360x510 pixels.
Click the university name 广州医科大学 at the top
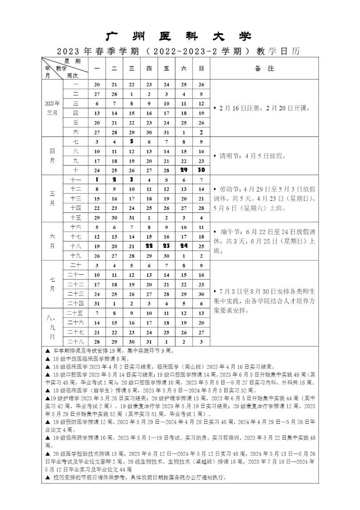pyautogui.click(x=179, y=37)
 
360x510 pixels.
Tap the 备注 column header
pyautogui.click(x=264, y=68)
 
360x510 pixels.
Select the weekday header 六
pyautogui.click(x=184, y=68)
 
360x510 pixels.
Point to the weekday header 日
pyautogui.click(x=201, y=68)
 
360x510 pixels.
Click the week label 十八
pyautogui.click(x=75, y=246)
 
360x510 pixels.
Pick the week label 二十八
pyautogui.click(x=75, y=342)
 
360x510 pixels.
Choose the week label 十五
pyautogui.click(x=75, y=217)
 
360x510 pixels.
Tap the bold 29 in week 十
pyautogui.click(x=184, y=170)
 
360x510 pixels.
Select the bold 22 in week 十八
pyautogui.click(x=149, y=246)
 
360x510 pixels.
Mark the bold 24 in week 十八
pyautogui.click(x=184, y=246)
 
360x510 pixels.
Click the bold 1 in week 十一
pyautogui.click(x=97, y=180)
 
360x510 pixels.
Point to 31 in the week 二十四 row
pyautogui.click(x=97, y=303)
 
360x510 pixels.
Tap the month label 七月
pyautogui.click(x=52, y=284)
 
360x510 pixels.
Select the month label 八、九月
pyautogui.click(x=52, y=327)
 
